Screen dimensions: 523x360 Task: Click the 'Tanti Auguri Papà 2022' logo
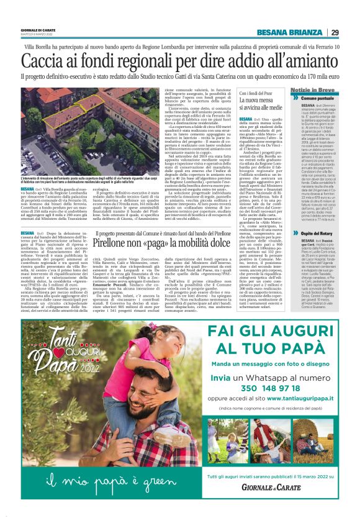tap(52, 345)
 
